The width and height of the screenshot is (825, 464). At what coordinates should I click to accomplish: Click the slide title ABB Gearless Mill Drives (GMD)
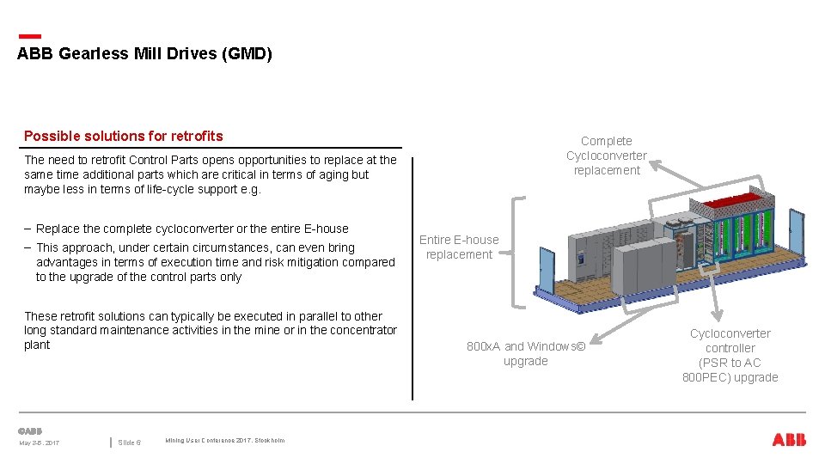(x=144, y=54)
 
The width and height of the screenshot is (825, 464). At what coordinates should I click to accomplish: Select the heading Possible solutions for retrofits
(x=123, y=136)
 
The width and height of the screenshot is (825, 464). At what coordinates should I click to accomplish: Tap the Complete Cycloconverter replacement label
(x=607, y=156)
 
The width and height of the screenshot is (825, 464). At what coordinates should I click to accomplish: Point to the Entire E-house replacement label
(x=459, y=247)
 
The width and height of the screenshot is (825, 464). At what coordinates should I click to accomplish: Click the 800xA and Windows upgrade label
(x=525, y=353)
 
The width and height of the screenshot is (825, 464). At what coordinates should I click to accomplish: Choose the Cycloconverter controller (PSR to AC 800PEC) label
(x=730, y=355)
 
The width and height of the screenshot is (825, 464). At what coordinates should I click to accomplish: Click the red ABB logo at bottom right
(x=789, y=440)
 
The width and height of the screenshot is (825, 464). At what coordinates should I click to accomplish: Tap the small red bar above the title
(x=29, y=36)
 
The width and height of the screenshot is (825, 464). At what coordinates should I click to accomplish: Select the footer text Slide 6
(x=129, y=443)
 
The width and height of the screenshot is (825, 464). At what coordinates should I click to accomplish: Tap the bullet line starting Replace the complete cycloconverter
(x=192, y=229)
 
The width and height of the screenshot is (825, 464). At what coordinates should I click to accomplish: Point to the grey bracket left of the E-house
(x=514, y=252)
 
